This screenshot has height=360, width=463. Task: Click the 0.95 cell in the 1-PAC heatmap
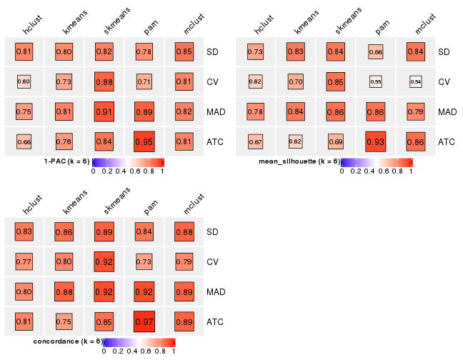(144, 141)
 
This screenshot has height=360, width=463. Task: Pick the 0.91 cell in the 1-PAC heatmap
(104, 111)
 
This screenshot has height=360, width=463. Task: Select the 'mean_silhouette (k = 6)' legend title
(299, 161)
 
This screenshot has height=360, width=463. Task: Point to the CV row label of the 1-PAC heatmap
(213, 81)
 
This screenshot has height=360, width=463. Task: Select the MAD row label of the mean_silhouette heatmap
(447, 111)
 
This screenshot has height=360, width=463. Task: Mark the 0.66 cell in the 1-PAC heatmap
(24, 141)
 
